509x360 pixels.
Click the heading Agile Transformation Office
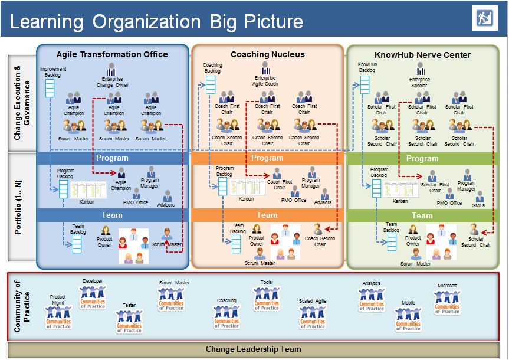pos(112,54)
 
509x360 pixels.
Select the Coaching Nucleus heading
pos(268,54)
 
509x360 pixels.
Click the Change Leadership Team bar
pos(254,349)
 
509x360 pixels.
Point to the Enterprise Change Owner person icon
pos(112,70)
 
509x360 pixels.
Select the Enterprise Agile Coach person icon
pos(265,68)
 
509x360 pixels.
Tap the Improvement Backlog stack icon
pos(50,87)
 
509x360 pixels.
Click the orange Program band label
pos(267,158)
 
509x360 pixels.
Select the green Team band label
pos(422,215)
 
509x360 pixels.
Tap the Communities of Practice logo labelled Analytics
pos(372,297)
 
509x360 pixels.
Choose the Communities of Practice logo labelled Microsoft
pos(446,301)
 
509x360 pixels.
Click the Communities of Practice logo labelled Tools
pos(267,297)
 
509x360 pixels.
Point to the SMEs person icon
pos(478,196)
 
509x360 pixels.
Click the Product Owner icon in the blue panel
pos(106,231)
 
